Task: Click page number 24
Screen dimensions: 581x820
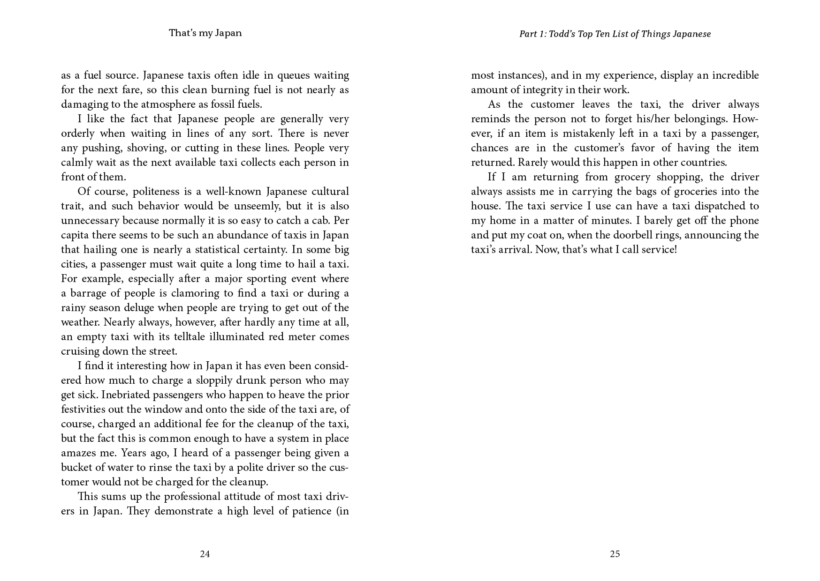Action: (205, 554)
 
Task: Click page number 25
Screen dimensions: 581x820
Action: (615, 554)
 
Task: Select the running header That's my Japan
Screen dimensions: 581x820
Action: (205, 33)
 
